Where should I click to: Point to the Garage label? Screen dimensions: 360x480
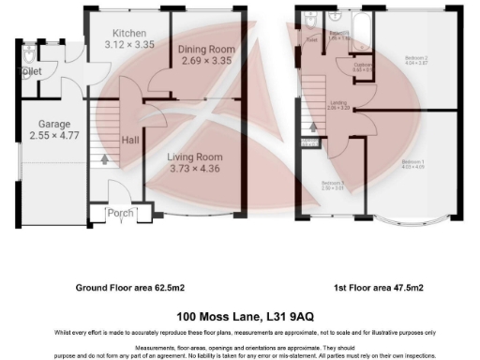click(55, 124)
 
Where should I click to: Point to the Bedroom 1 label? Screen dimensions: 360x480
click(412, 163)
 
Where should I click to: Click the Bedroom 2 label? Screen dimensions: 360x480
click(414, 58)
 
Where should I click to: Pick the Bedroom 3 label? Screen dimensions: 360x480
click(333, 182)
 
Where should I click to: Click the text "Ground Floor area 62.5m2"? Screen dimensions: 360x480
click(127, 288)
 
